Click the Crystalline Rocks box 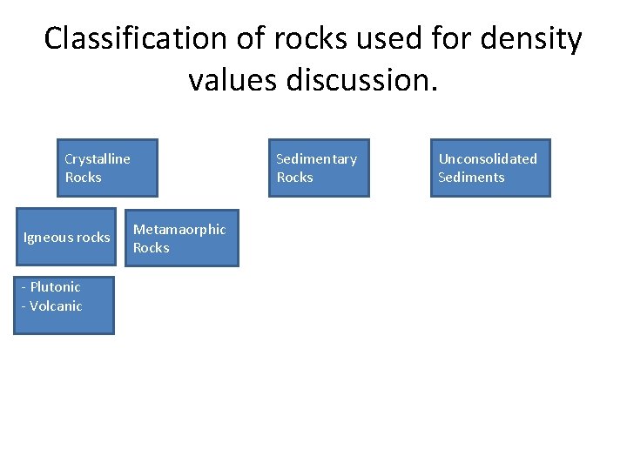107,168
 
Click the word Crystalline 98,158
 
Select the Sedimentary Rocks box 318,168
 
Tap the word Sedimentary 316,158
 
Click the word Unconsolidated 488,158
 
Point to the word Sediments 471,178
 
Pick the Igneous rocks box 64,237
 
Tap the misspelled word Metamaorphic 179,229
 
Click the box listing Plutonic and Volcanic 64,305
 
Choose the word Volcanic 56,306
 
